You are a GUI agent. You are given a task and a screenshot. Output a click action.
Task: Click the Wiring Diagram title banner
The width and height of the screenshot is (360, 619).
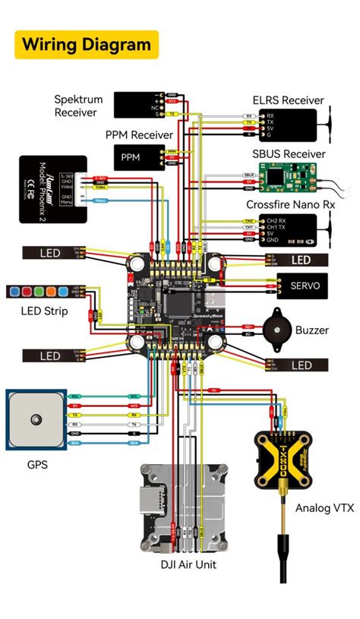(x=87, y=45)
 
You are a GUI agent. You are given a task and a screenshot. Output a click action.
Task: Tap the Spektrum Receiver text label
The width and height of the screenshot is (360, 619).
(x=76, y=106)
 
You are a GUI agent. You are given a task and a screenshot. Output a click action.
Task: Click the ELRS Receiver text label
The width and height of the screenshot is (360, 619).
(x=288, y=100)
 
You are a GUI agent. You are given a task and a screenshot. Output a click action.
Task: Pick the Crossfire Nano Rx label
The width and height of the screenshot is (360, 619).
(x=290, y=205)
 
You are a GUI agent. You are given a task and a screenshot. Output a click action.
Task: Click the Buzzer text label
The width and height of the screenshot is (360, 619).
(x=312, y=330)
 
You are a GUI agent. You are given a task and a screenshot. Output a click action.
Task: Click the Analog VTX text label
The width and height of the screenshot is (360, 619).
(x=324, y=508)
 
